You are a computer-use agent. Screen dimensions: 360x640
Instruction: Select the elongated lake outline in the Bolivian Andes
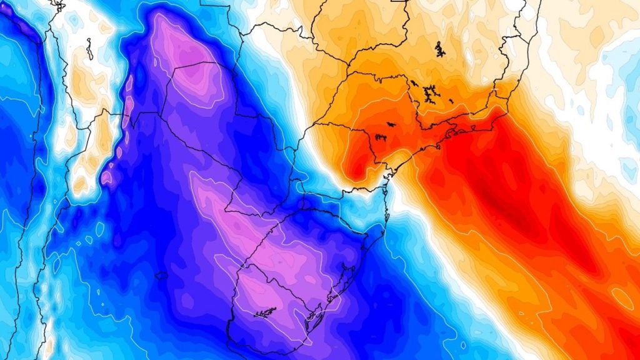pyautogui.click(x=89, y=49)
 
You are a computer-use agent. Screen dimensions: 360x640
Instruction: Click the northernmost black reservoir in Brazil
pyautogui.click(x=439, y=49)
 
